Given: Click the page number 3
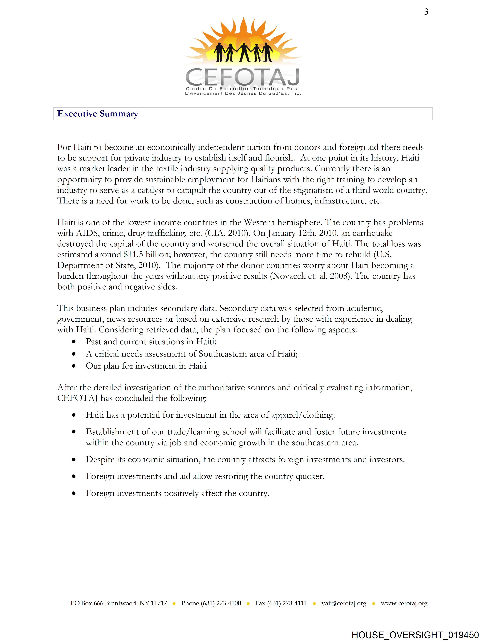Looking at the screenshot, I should click(x=426, y=12).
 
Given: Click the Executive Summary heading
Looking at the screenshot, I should click(x=98, y=114).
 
